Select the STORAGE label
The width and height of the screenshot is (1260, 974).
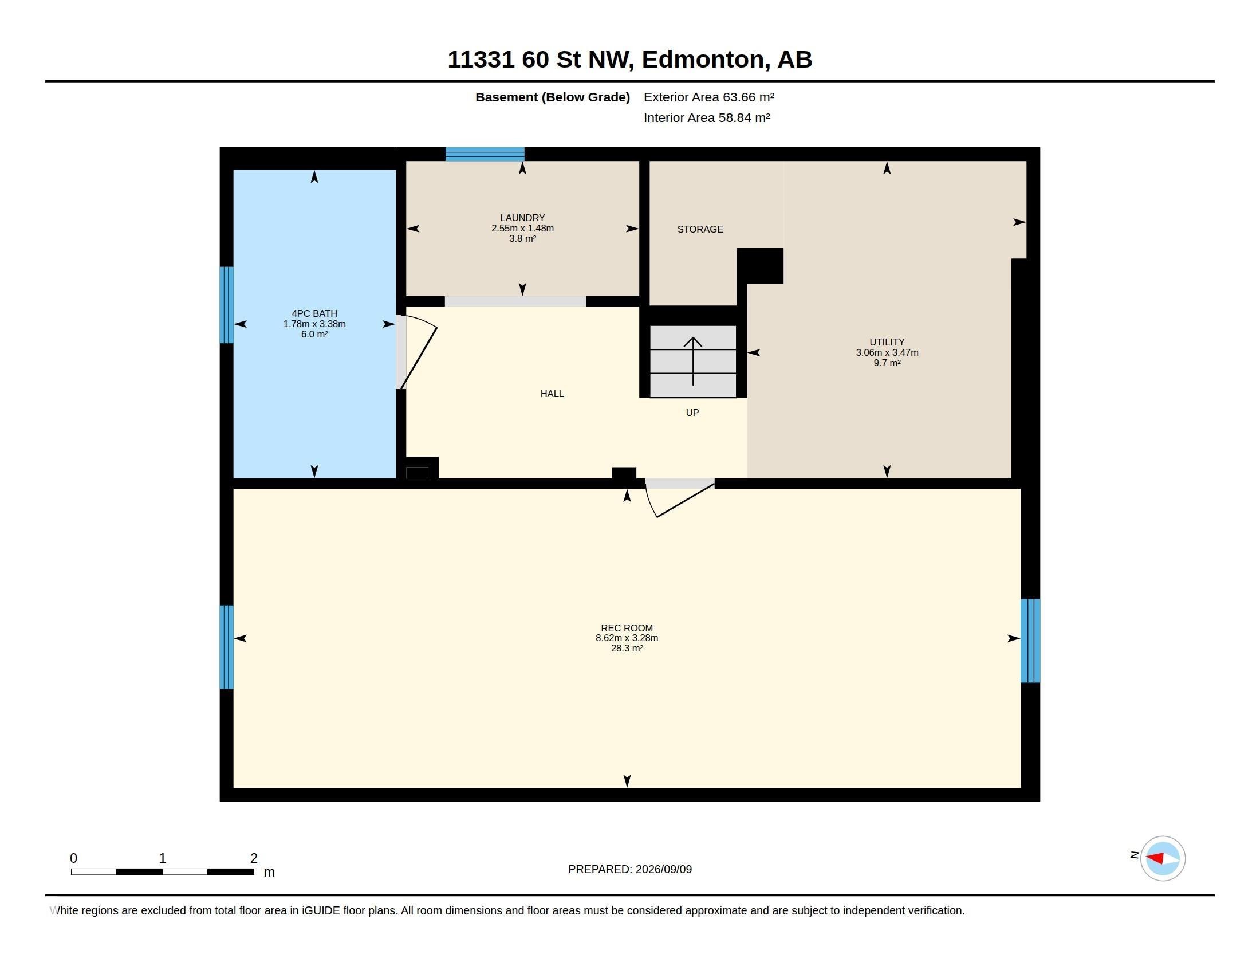click(x=700, y=229)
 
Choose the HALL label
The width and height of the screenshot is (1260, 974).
click(x=552, y=394)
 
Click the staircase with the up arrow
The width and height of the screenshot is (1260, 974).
click(x=693, y=362)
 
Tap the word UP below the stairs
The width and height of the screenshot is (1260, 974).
click(x=692, y=413)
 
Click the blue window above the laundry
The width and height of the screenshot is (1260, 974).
click(x=485, y=154)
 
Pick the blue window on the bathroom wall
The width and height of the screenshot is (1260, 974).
click(x=227, y=305)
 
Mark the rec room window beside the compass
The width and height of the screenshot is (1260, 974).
click(x=1030, y=641)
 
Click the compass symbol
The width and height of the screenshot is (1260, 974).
click(x=1163, y=858)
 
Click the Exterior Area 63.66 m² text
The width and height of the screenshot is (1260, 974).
click(x=709, y=97)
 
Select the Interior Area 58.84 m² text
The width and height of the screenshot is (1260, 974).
click(x=707, y=117)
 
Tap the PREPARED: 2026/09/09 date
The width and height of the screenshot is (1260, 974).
click(x=630, y=869)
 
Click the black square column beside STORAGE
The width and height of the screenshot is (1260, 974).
click(x=760, y=266)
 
